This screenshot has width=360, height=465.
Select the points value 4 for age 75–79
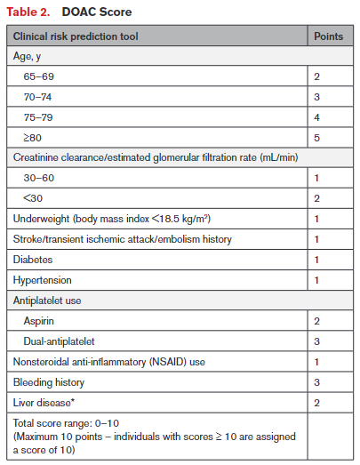pyautogui.click(x=316, y=116)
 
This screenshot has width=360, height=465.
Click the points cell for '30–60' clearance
pyautogui.click(x=316, y=178)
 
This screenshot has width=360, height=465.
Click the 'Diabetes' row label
pyautogui.click(x=32, y=260)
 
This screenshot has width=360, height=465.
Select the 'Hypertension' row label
pyautogui.click(x=41, y=280)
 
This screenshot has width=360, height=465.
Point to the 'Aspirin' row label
pyautogui.click(x=41, y=321)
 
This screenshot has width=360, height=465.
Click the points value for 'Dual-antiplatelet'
pyautogui.click(x=316, y=341)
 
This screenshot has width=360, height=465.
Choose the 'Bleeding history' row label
pyautogui.click(x=49, y=382)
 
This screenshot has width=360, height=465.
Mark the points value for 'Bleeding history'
pyautogui.click(x=316, y=382)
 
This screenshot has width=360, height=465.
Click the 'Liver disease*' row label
pyautogui.click(x=44, y=403)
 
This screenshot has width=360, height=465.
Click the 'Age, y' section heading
pyautogui.click(x=28, y=57)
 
